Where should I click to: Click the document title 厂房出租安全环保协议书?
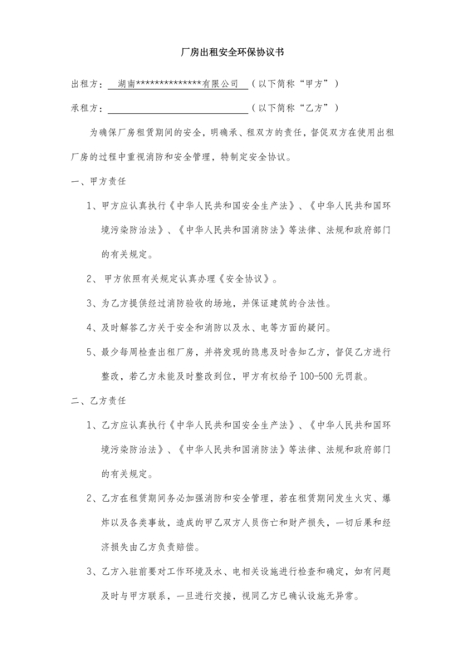(232, 52)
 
